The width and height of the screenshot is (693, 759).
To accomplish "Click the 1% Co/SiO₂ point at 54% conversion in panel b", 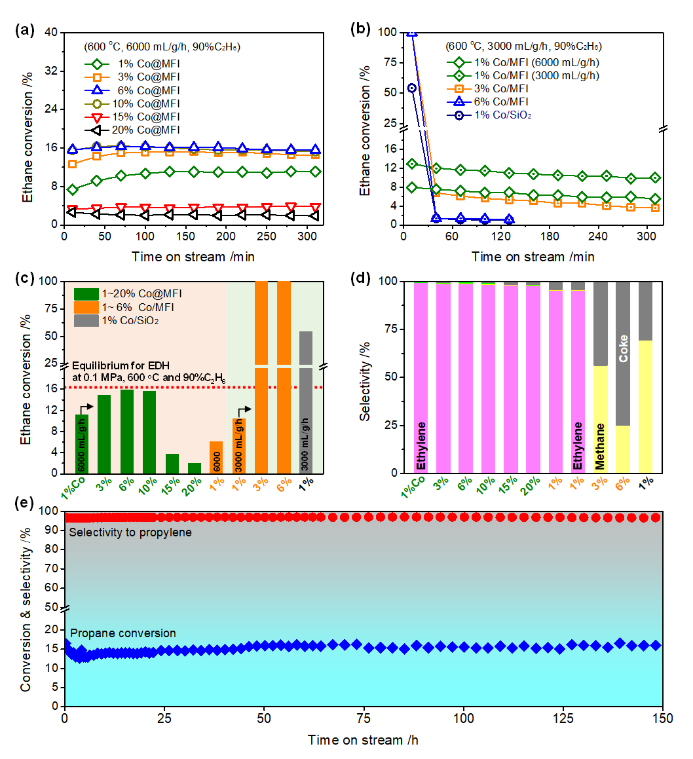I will pyautogui.click(x=412, y=88).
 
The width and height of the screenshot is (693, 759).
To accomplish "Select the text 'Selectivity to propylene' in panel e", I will pyautogui.click(x=130, y=532).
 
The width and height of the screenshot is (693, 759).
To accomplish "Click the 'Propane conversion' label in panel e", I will pyautogui.click(x=123, y=633).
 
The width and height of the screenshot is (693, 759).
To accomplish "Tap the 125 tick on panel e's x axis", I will pyautogui.click(x=564, y=715).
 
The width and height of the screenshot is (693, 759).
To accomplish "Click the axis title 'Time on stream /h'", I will pyautogui.click(x=364, y=740).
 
